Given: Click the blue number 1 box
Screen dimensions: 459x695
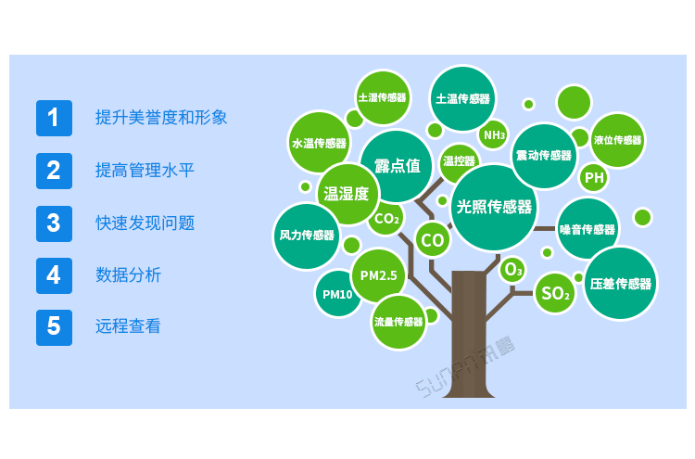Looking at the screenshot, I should (x=54, y=118).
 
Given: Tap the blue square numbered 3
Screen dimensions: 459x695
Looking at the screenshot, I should (x=54, y=223).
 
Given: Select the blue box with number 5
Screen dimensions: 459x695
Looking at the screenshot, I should (x=54, y=326).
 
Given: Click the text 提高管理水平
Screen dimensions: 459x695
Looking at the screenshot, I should (x=145, y=171).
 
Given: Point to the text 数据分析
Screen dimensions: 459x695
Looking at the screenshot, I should (x=128, y=275).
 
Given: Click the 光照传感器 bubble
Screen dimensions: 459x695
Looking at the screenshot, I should (x=494, y=207).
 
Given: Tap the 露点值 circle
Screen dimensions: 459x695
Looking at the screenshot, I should (x=398, y=166).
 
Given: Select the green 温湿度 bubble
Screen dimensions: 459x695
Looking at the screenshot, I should (x=346, y=194).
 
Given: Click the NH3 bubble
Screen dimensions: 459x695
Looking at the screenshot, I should (x=494, y=135).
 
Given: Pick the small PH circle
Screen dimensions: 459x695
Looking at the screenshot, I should (x=594, y=177).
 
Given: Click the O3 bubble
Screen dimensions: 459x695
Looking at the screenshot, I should (x=512, y=271).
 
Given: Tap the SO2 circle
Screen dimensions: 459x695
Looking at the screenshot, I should (x=555, y=294).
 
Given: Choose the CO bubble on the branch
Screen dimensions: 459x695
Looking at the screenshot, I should (x=433, y=240).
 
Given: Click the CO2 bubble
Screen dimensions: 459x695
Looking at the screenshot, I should (x=385, y=220).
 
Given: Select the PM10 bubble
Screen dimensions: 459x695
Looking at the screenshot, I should (x=337, y=295).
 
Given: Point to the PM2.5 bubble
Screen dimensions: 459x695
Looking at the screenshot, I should (x=378, y=275).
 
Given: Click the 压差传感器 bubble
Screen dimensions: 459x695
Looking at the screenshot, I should (x=620, y=284).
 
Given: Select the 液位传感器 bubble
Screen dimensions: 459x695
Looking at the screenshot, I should (x=617, y=140).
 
